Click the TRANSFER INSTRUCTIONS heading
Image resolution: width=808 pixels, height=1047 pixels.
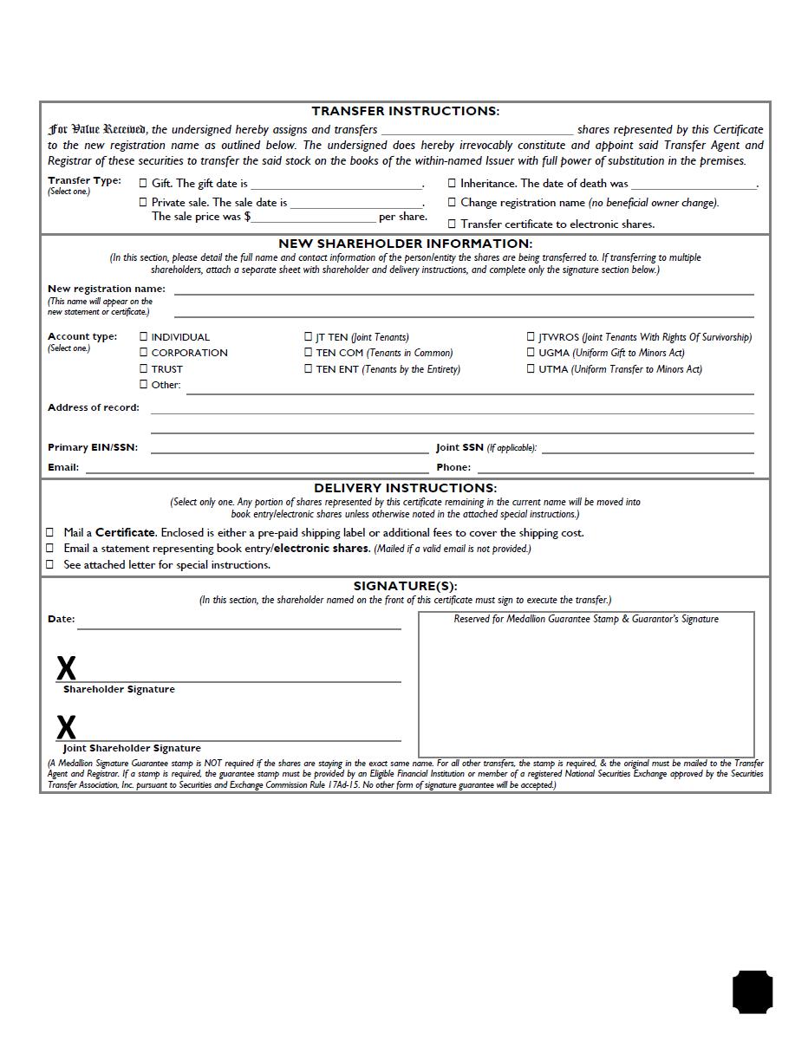coord(405,111)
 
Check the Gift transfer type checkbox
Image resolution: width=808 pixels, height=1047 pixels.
coord(144,183)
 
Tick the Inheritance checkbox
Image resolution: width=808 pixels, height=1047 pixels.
coord(452,183)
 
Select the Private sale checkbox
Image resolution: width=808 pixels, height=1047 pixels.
coord(144,202)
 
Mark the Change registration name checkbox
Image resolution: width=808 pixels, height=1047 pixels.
coord(452,202)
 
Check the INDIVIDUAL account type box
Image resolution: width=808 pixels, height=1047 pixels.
coord(144,336)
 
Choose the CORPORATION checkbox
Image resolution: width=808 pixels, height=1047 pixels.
coord(144,352)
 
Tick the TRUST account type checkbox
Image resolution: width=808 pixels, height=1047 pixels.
coord(144,368)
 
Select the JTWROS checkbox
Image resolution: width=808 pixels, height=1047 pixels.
coord(531,336)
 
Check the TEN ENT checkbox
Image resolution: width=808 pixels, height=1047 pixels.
coord(308,368)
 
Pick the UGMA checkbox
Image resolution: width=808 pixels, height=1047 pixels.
coord(531,352)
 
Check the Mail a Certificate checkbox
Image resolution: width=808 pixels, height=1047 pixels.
coord(50,532)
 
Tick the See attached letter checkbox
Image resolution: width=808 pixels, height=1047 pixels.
coord(50,564)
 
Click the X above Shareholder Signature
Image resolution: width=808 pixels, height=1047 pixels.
coord(66,668)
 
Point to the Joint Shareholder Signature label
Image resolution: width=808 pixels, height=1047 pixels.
coord(132,748)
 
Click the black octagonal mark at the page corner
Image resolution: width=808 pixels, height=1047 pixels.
coord(753,992)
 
